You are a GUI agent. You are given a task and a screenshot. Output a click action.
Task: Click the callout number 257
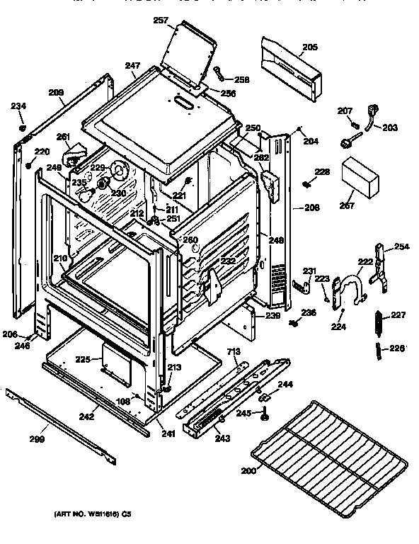[x=161, y=21]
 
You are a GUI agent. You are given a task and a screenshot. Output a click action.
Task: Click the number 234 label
[x=18, y=106]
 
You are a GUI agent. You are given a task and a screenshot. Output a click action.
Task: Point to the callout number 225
[x=84, y=359]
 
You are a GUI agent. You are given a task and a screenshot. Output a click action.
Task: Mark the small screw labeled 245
[x=265, y=416]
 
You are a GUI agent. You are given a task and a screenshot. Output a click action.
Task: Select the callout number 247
[x=132, y=66]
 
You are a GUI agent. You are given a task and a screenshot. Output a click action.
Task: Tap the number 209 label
[x=56, y=91]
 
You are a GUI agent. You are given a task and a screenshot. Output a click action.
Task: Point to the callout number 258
[x=241, y=80]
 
